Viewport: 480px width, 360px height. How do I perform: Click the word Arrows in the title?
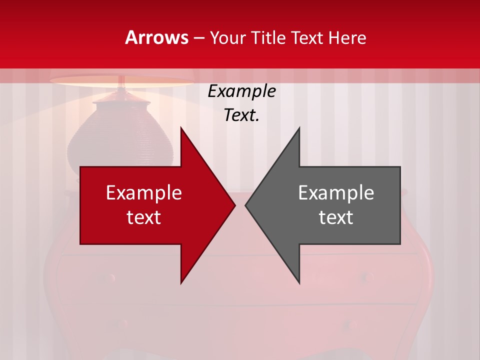156,37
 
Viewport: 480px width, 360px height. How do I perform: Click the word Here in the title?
347,37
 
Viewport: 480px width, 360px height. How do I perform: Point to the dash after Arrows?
198,38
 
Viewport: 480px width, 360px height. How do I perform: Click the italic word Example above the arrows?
241,91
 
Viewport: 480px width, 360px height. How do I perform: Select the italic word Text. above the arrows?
241,115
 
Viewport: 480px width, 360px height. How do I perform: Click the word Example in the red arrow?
144,193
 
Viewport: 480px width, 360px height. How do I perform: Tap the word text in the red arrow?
144,217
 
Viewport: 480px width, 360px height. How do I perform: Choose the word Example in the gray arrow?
336,193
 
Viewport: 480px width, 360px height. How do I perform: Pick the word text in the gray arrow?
336,217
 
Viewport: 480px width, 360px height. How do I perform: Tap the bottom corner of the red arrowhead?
181,282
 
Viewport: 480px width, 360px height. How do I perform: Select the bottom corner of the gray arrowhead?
298,282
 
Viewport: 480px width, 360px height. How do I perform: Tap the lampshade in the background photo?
122,81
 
